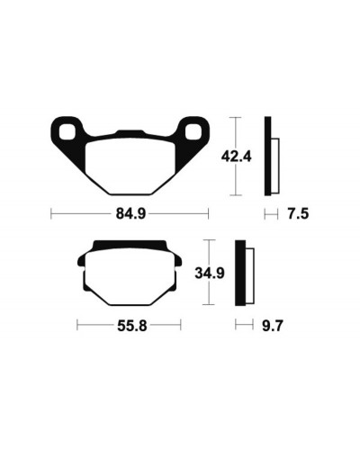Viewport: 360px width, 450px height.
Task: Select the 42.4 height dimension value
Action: [x=236, y=157]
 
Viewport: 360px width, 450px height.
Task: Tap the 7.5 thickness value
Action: [x=298, y=214]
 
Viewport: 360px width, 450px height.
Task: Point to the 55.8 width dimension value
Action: [x=132, y=326]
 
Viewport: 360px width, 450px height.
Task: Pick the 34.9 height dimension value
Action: [x=210, y=273]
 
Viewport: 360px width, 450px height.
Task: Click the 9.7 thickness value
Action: [x=273, y=326]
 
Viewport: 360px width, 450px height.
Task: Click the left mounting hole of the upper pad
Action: [x=67, y=132]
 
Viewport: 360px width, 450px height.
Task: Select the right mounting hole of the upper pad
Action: [x=193, y=132]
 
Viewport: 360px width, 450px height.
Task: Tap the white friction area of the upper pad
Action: [x=130, y=166]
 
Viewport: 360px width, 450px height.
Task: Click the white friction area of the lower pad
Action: [x=130, y=277]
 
